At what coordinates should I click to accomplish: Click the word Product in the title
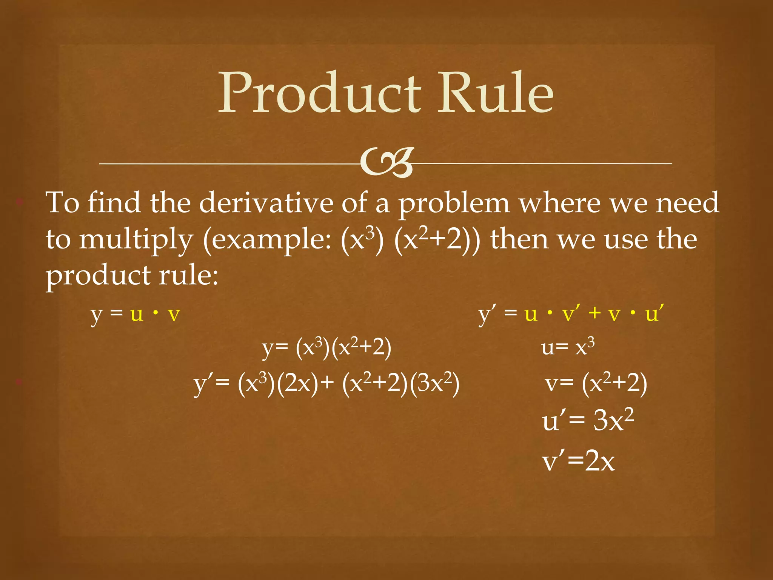pyautogui.click(x=319, y=93)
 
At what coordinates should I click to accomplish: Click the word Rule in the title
pyautogui.click(x=495, y=93)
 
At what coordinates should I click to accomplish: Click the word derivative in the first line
pyautogui.click(x=266, y=203)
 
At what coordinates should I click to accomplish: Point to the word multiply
pyautogui.click(x=136, y=240)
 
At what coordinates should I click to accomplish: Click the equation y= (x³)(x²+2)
pyautogui.click(x=326, y=348)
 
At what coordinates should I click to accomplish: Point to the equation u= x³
pyautogui.click(x=568, y=347)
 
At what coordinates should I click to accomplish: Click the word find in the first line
pyautogui.click(x=113, y=203)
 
